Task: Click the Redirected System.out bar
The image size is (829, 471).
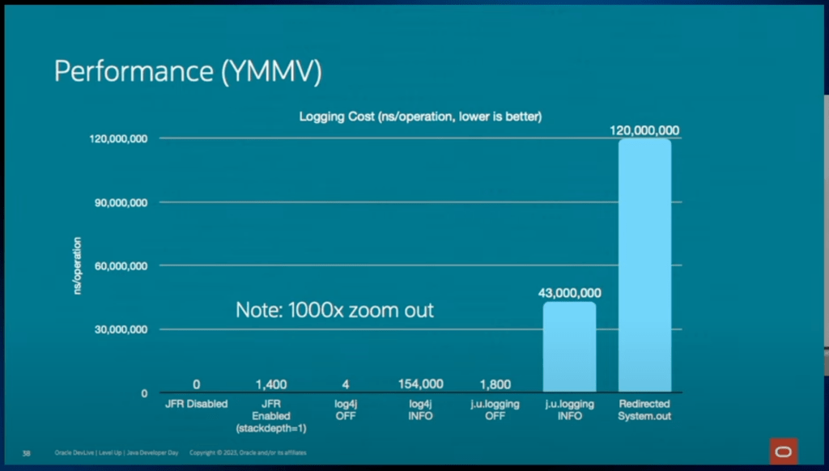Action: pyautogui.click(x=644, y=265)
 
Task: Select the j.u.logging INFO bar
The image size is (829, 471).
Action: pyautogui.click(x=569, y=347)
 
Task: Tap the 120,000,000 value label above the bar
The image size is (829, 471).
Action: pyautogui.click(x=644, y=130)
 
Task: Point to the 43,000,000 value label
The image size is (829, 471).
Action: pyautogui.click(x=569, y=293)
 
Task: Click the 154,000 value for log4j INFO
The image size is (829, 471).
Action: pyautogui.click(x=420, y=384)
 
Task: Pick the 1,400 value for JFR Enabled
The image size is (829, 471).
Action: pyautogui.click(x=270, y=384)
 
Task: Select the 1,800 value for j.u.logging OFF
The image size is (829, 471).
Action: pyautogui.click(x=495, y=384)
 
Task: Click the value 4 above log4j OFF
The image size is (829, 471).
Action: pyautogui.click(x=346, y=384)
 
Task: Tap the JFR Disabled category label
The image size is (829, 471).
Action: pyautogui.click(x=197, y=403)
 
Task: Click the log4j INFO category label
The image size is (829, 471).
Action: pyautogui.click(x=420, y=409)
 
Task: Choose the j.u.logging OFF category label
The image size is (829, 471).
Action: pyautogui.click(x=495, y=409)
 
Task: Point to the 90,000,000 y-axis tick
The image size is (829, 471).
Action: pyautogui.click(x=117, y=202)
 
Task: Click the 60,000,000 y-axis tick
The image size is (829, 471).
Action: pyautogui.click(x=117, y=265)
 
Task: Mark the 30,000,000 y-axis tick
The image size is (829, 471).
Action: pyautogui.click(x=117, y=329)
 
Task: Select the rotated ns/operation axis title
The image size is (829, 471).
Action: pyautogui.click(x=78, y=265)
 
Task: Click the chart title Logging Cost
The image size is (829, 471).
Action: pyautogui.click(x=420, y=117)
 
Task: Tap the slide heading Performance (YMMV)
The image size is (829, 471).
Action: pyautogui.click(x=188, y=72)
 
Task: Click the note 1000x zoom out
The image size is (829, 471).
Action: pyautogui.click(x=334, y=310)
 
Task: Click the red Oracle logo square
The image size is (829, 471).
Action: pyautogui.click(x=783, y=451)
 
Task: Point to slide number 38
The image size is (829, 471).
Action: pyautogui.click(x=26, y=452)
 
